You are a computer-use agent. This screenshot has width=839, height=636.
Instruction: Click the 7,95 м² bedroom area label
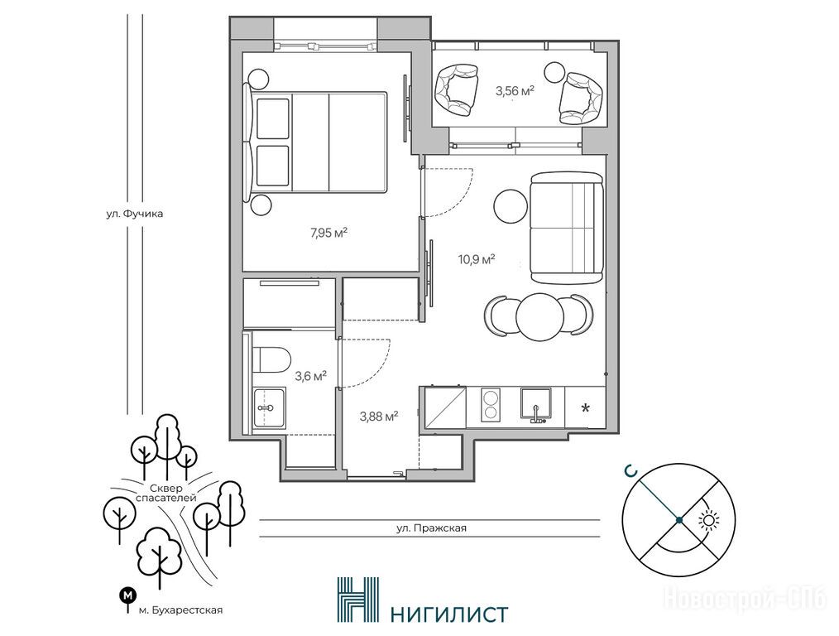(x=329, y=233)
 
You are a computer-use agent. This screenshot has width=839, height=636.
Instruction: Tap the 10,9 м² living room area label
(x=476, y=260)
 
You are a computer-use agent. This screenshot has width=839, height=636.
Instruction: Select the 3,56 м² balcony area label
(x=515, y=91)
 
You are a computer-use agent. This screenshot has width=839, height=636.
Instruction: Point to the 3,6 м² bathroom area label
(x=311, y=376)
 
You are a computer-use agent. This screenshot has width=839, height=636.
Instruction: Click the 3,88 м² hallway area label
(x=379, y=416)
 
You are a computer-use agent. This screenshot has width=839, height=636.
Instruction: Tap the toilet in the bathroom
(x=271, y=359)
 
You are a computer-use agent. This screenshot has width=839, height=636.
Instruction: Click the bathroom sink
(x=269, y=407)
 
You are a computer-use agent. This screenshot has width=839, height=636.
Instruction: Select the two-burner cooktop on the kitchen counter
(x=491, y=406)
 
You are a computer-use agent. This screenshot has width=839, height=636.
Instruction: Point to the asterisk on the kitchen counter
(x=586, y=408)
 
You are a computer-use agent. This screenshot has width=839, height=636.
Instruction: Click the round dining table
(x=540, y=317)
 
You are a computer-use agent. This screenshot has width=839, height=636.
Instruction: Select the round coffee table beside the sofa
(x=511, y=207)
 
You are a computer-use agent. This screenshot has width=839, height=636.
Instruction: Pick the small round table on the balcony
(x=555, y=72)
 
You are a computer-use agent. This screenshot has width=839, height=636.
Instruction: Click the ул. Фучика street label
(x=134, y=214)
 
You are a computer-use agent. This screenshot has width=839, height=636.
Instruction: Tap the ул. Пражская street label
(x=431, y=528)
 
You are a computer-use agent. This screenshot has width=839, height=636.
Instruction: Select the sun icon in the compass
(x=710, y=520)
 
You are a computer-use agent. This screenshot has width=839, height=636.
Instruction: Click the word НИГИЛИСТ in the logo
(x=449, y=614)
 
